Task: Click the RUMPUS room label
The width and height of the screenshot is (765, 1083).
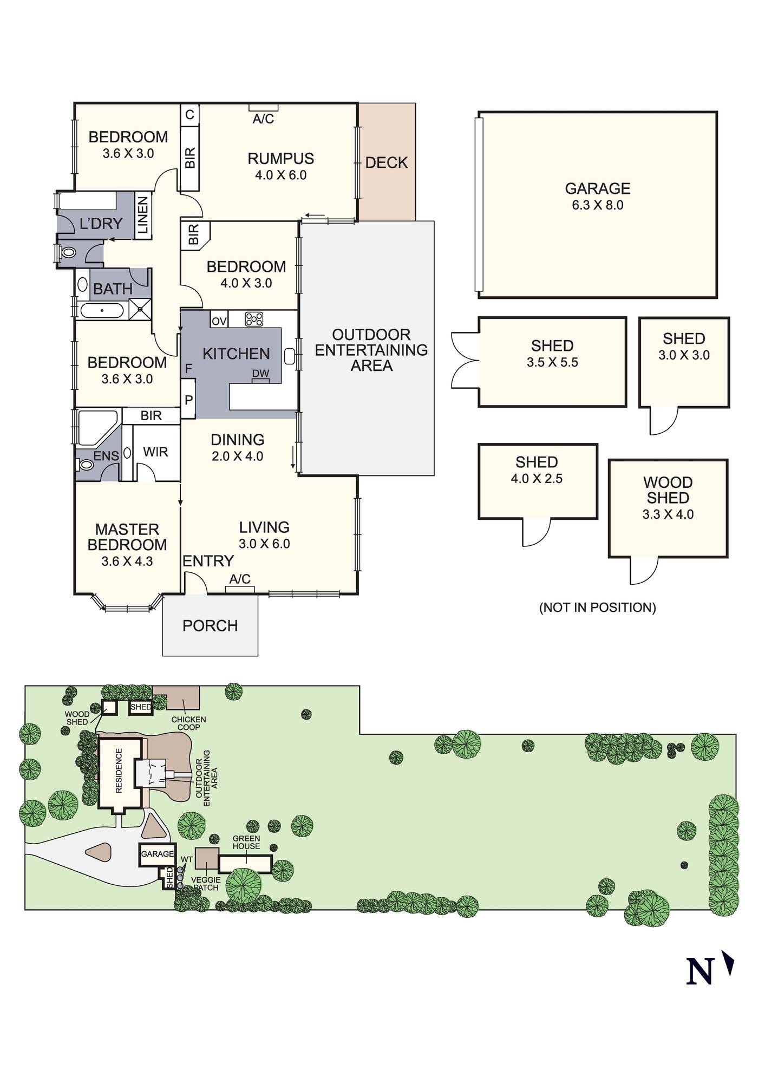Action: [280, 159]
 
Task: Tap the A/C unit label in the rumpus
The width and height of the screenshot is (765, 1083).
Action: [263, 119]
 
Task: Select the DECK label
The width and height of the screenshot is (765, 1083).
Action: [387, 162]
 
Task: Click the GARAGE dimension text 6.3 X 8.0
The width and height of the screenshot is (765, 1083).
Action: [598, 205]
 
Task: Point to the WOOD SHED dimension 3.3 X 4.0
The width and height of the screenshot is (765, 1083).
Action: [668, 514]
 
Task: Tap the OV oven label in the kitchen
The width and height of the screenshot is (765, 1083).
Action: [219, 321]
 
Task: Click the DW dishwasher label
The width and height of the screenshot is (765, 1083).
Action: [260, 374]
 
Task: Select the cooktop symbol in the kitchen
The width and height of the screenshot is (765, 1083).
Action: [253, 319]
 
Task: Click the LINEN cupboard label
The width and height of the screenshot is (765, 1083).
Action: [143, 216]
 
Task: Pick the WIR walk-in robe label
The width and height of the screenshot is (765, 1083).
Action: [155, 452]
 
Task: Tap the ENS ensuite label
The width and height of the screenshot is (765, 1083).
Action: [106, 456]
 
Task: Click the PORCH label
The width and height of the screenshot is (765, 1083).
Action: [210, 626]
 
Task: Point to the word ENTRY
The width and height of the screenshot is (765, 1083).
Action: [208, 561]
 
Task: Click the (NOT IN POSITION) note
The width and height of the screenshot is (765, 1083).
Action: [598, 608]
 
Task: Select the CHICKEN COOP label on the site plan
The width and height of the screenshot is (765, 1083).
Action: [189, 723]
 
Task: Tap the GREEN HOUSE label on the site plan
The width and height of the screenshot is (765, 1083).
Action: [246, 843]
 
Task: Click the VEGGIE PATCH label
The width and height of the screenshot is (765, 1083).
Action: [206, 884]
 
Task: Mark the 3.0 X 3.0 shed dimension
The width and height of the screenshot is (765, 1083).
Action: [684, 355]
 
